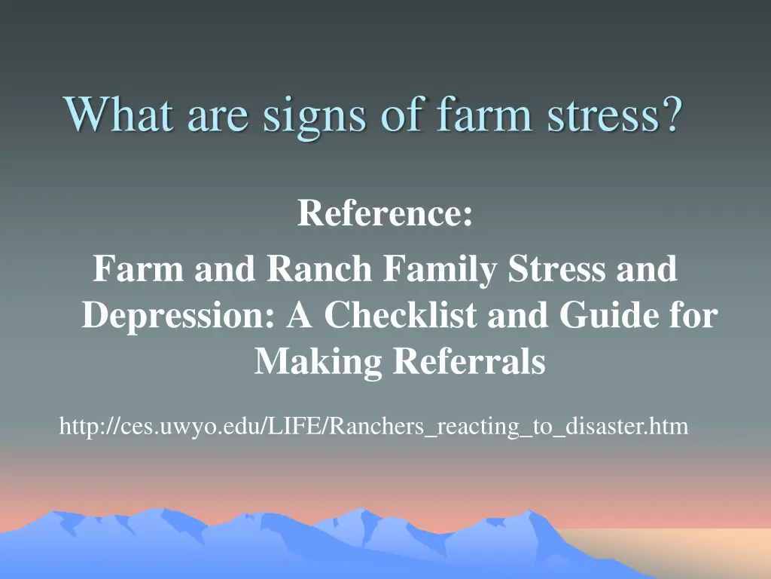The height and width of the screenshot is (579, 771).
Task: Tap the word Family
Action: tap(441, 270)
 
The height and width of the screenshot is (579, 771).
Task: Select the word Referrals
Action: tap(469, 362)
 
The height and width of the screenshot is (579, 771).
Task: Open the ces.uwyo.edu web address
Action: tap(373, 427)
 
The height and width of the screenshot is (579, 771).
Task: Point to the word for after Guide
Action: tap(693, 315)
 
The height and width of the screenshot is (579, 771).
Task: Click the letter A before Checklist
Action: tap(300, 315)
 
